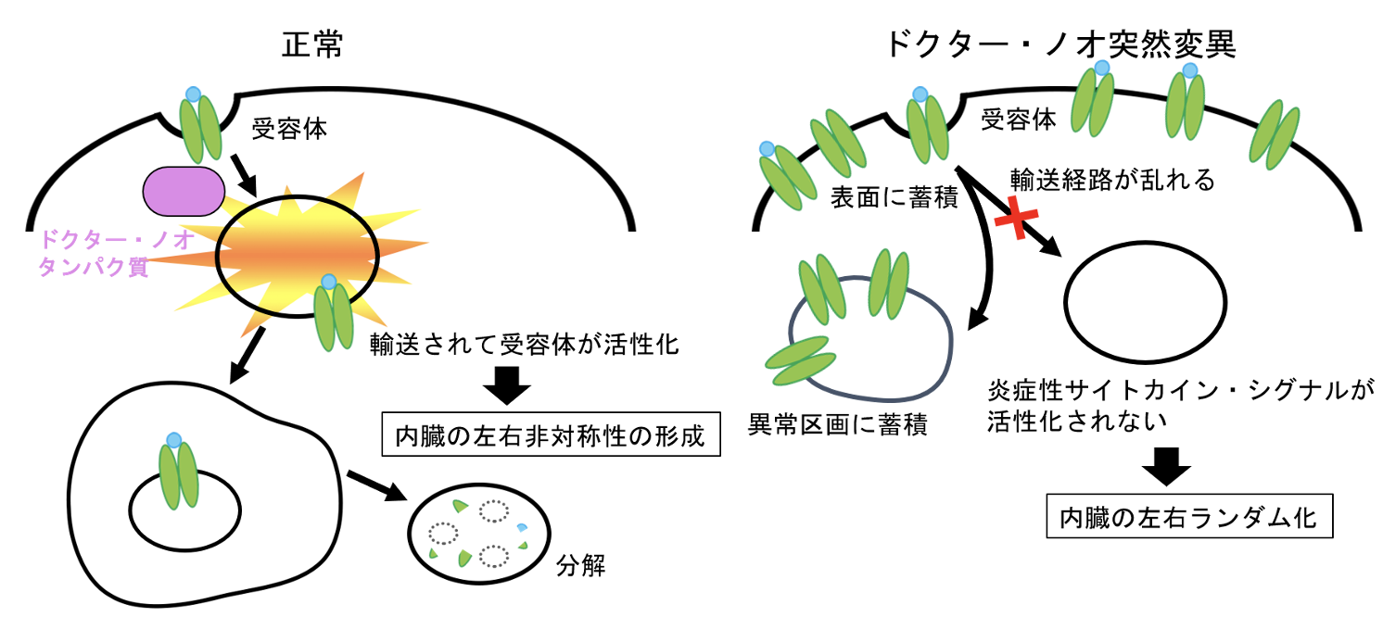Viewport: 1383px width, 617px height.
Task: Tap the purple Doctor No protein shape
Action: (x=183, y=190)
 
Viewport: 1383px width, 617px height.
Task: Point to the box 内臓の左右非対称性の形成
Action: (x=551, y=434)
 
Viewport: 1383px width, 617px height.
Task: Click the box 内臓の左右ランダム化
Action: (x=1190, y=517)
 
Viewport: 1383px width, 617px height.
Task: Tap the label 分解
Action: (x=581, y=564)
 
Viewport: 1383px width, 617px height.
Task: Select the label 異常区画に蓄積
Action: (x=839, y=425)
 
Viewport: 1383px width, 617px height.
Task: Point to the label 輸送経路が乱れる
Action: (x=1111, y=179)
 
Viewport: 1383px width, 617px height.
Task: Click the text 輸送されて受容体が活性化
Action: (x=525, y=346)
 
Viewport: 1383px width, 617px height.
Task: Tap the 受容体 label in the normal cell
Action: (x=289, y=129)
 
